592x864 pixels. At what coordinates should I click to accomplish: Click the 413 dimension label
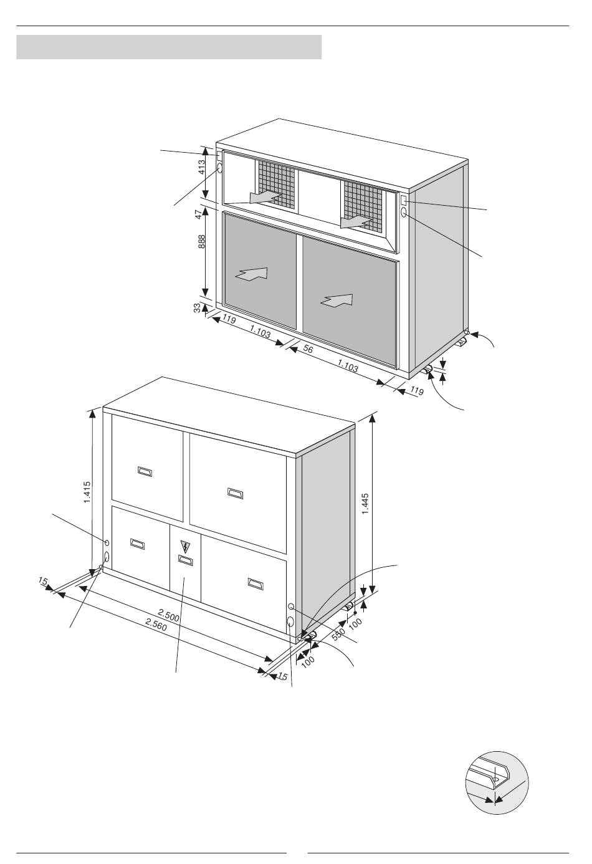[202, 168]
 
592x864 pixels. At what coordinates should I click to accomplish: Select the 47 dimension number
[199, 215]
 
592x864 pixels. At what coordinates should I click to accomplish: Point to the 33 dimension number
[197, 308]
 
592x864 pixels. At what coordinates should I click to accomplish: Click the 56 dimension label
[308, 349]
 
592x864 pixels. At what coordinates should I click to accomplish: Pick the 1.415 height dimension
[87, 492]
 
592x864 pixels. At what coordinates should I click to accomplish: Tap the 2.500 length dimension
[169, 615]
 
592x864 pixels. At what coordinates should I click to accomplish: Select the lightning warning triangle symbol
[186, 547]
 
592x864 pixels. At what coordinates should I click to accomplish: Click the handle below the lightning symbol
[186, 560]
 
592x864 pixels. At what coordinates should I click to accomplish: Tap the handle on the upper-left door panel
[145, 471]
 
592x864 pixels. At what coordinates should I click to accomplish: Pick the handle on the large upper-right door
[235, 493]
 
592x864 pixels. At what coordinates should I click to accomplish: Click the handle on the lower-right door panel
[255, 584]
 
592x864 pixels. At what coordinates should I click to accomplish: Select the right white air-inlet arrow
[337, 300]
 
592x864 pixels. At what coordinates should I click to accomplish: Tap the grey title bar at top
[169, 47]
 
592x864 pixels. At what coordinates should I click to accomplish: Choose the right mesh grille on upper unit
[364, 207]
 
